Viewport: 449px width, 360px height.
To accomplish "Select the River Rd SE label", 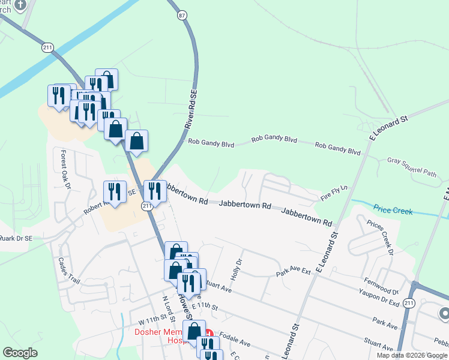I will pyautogui.click(x=191, y=110).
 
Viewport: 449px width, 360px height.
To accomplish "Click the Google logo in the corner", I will pyautogui.click(x=20, y=353).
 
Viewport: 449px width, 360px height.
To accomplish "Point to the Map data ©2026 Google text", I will pyautogui.click(x=412, y=355).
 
